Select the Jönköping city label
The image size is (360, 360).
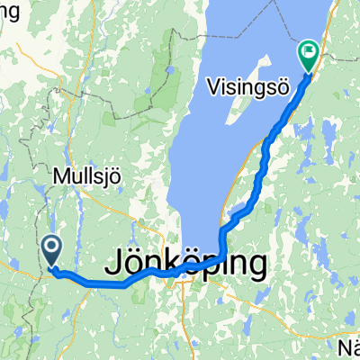pyautogui.click(x=187, y=264)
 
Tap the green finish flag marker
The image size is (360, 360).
pyautogui.click(x=309, y=56)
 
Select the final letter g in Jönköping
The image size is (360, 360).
pyautogui.click(x=258, y=267)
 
